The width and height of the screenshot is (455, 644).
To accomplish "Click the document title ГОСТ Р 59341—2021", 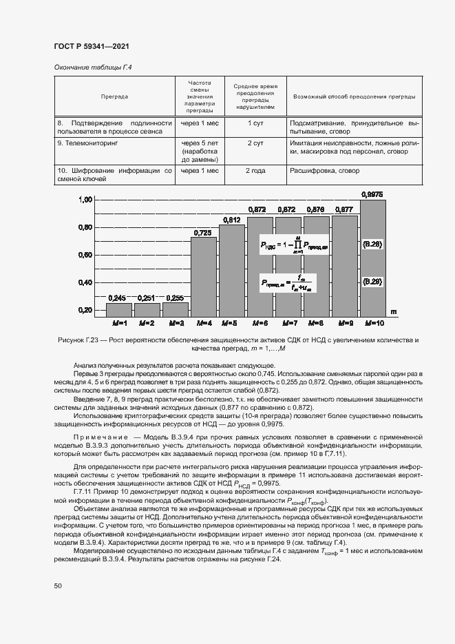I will pos(92,46).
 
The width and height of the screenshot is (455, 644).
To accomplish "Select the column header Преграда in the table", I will pos(114,96).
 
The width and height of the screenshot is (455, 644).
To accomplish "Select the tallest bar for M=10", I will pos(372,255).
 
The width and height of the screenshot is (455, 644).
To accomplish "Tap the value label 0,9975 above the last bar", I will pos(372,194).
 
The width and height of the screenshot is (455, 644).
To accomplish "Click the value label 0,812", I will pos(231,220).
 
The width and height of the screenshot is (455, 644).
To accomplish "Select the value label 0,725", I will pos(202,233).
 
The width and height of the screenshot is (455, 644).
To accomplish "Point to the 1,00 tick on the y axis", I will pos(85,200).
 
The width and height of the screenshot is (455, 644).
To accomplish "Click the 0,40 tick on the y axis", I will pos(85,282).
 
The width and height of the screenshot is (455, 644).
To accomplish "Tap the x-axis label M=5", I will pos(231,322).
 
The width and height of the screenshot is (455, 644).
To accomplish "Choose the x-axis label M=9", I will pos(344,322).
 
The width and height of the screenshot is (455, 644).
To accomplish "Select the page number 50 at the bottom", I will pos(58,585).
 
